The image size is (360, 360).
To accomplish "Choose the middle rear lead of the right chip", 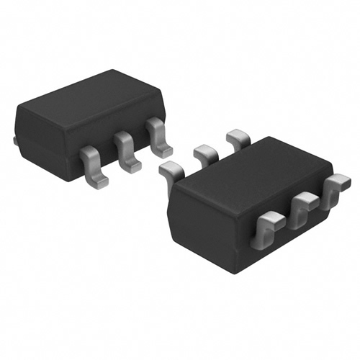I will coord(205,153).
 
